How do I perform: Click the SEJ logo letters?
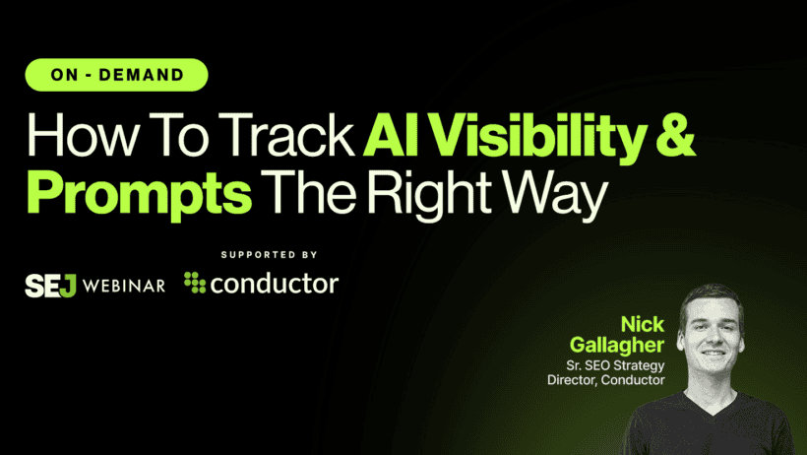[x=50, y=285]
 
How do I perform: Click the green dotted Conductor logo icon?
[x=196, y=285]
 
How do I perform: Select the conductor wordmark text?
[x=276, y=285]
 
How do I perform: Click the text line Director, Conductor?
[x=606, y=380]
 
